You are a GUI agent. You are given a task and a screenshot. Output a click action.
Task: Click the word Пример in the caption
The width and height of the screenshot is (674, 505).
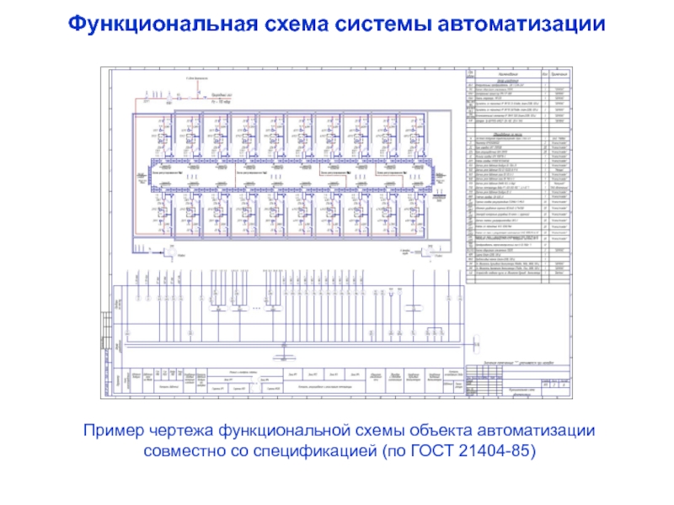click(x=109, y=431)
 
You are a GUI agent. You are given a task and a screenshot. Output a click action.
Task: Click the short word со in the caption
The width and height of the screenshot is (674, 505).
click(x=238, y=452)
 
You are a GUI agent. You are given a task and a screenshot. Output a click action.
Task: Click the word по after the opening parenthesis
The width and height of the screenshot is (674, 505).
click(x=397, y=452)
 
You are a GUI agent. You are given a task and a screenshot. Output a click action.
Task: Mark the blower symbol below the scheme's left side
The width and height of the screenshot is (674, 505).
click(x=168, y=251)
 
